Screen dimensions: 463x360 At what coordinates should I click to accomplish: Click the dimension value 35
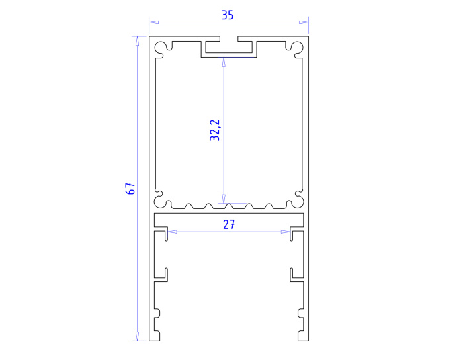[228, 15]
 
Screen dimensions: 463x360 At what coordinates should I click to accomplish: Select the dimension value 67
[130, 189]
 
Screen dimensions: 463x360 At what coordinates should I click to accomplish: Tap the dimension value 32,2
[215, 130]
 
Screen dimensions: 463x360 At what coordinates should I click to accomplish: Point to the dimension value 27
[229, 225]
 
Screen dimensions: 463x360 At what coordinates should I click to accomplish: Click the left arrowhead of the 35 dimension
[154, 22]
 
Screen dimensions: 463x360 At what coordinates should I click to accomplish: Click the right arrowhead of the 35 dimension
[304, 22]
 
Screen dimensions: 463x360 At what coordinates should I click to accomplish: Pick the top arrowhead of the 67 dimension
[137, 41]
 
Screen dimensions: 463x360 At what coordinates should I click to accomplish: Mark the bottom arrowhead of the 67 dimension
[137, 336]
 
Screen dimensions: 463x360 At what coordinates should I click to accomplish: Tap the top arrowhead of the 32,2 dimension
[224, 62]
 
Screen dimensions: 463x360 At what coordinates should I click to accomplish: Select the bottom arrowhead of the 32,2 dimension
[224, 199]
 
